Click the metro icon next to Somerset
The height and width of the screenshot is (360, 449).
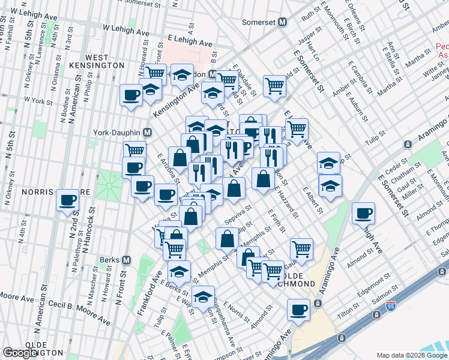point(282,22)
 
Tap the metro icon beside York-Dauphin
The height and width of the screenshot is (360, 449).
point(147,132)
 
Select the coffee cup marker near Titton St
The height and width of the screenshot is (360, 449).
point(298,310)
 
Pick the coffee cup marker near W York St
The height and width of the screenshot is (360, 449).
point(131,94)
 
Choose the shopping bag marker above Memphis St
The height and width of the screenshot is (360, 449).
point(227,239)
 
